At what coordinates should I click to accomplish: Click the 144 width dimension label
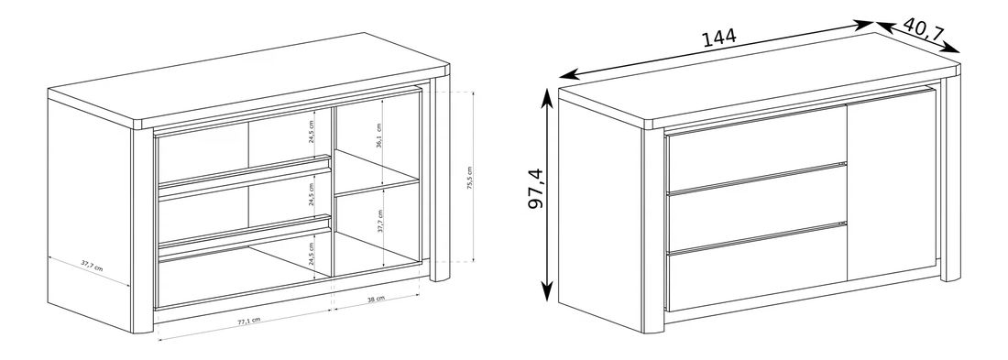click(x=718, y=38)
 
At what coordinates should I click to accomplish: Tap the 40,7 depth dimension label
click(x=924, y=31)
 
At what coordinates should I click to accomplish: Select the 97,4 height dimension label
click(x=535, y=189)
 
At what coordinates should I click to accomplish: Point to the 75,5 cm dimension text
click(x=470, y=178)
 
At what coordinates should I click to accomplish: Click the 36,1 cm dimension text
click(x=381, y=136)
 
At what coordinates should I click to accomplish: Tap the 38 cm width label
click(x=376, y=299)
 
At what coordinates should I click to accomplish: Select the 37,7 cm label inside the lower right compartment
click(x=380, y=221)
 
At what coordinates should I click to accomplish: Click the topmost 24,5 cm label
click(x=312, y=132)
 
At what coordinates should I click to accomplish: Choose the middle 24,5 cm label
click(x=312, y=193)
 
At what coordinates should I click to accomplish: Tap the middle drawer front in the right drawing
click(x=757, y=207)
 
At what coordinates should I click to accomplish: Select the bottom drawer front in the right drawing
click(x=757, y=267)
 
